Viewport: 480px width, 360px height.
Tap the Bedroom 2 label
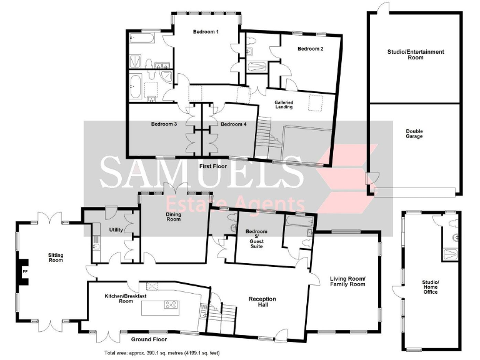[x=310, y=49]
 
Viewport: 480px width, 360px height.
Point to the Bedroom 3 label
[x=164, y=124]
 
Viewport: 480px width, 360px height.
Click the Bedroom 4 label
[x=234, y=124]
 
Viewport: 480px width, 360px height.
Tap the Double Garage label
[x=414, y=134]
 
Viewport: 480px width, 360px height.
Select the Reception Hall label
[x=262, y=301]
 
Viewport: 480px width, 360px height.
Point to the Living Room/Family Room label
[x=347, y=281]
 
